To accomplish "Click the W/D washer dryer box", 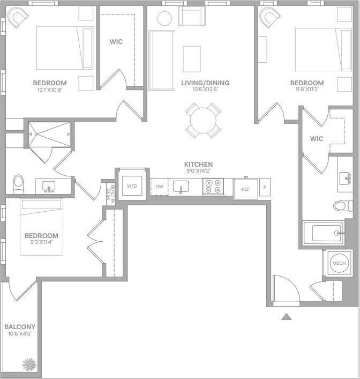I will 131,186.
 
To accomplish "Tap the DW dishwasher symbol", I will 159,187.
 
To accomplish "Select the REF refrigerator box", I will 245,189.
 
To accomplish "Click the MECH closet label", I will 339,263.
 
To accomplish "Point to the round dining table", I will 203,121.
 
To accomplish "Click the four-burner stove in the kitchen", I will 213,187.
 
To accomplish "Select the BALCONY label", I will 20,327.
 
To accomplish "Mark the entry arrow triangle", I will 287,317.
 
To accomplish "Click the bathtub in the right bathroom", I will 323,233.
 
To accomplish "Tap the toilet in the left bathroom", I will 19,183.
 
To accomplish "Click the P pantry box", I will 265,186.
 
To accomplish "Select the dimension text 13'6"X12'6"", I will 205,90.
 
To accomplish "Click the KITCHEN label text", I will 198,165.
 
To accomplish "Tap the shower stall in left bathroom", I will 49,133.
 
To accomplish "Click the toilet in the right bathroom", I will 343,205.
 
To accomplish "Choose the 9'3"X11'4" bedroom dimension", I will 41,242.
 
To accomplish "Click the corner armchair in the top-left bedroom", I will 18,18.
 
